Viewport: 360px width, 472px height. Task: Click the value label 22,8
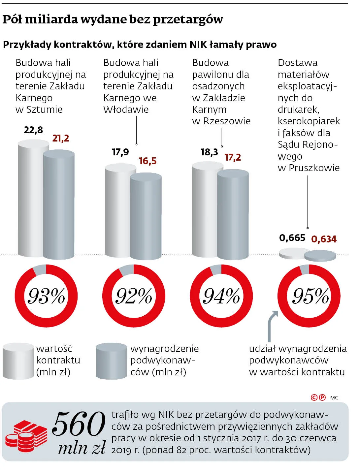[33, 130]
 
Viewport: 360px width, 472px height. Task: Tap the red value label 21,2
[61, 138]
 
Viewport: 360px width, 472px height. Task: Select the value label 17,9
[120, 152]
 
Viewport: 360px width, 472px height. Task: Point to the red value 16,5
[147, 161]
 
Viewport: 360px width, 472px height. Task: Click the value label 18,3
[209, 152]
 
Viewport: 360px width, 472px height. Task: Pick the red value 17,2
[233, 157]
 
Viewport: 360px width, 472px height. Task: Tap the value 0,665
[292, 238]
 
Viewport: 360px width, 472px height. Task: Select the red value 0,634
[324, 239]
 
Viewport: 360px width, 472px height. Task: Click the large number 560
[79, 424]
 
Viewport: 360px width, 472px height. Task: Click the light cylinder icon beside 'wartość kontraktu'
[18, 361]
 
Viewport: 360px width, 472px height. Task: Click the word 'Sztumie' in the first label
[44, 110]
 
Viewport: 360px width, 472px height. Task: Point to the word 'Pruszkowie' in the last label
[314, 168]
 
